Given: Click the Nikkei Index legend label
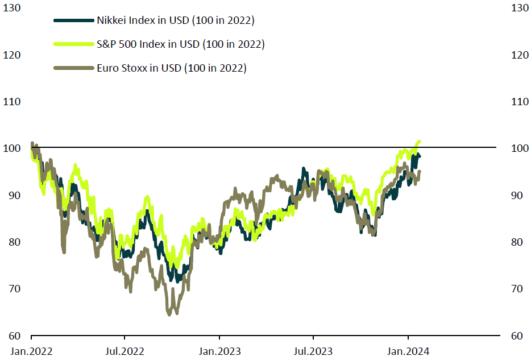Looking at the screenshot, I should coord(175,20).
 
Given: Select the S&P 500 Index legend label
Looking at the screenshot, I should coord(180,44).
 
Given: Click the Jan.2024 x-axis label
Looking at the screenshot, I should coord(408,350).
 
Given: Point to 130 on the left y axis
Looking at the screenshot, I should coord(12,8).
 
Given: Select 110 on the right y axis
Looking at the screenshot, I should coord(519,102).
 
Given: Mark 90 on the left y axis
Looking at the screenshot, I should coord(14,195).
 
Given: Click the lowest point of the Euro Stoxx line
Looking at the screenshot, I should coord(169,313).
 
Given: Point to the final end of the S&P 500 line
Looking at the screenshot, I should coord(419,141).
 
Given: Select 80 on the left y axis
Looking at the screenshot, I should coord(14,242).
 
